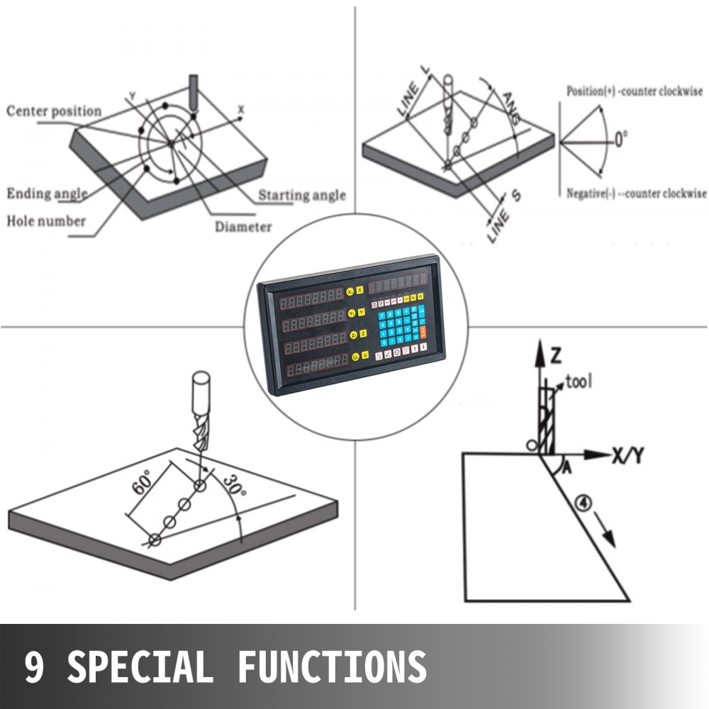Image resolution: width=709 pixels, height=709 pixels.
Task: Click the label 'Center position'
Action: pos(54,111)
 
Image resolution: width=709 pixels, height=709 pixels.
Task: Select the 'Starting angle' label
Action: pos(301,195)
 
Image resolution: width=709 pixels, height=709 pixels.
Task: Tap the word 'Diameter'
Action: pos(243,227)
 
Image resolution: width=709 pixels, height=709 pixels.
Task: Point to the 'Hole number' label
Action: pos(46,220)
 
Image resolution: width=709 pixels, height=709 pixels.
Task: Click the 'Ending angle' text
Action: pos(47,194)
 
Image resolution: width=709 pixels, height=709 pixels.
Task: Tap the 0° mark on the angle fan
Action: pos(620,139)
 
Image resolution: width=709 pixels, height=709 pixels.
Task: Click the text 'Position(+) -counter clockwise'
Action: pos(635,91)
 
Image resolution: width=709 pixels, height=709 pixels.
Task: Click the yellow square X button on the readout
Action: pos(360,290)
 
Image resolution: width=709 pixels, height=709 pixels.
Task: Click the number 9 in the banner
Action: pos(33,666)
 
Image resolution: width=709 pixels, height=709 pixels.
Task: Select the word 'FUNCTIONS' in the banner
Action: pos(332,666)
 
